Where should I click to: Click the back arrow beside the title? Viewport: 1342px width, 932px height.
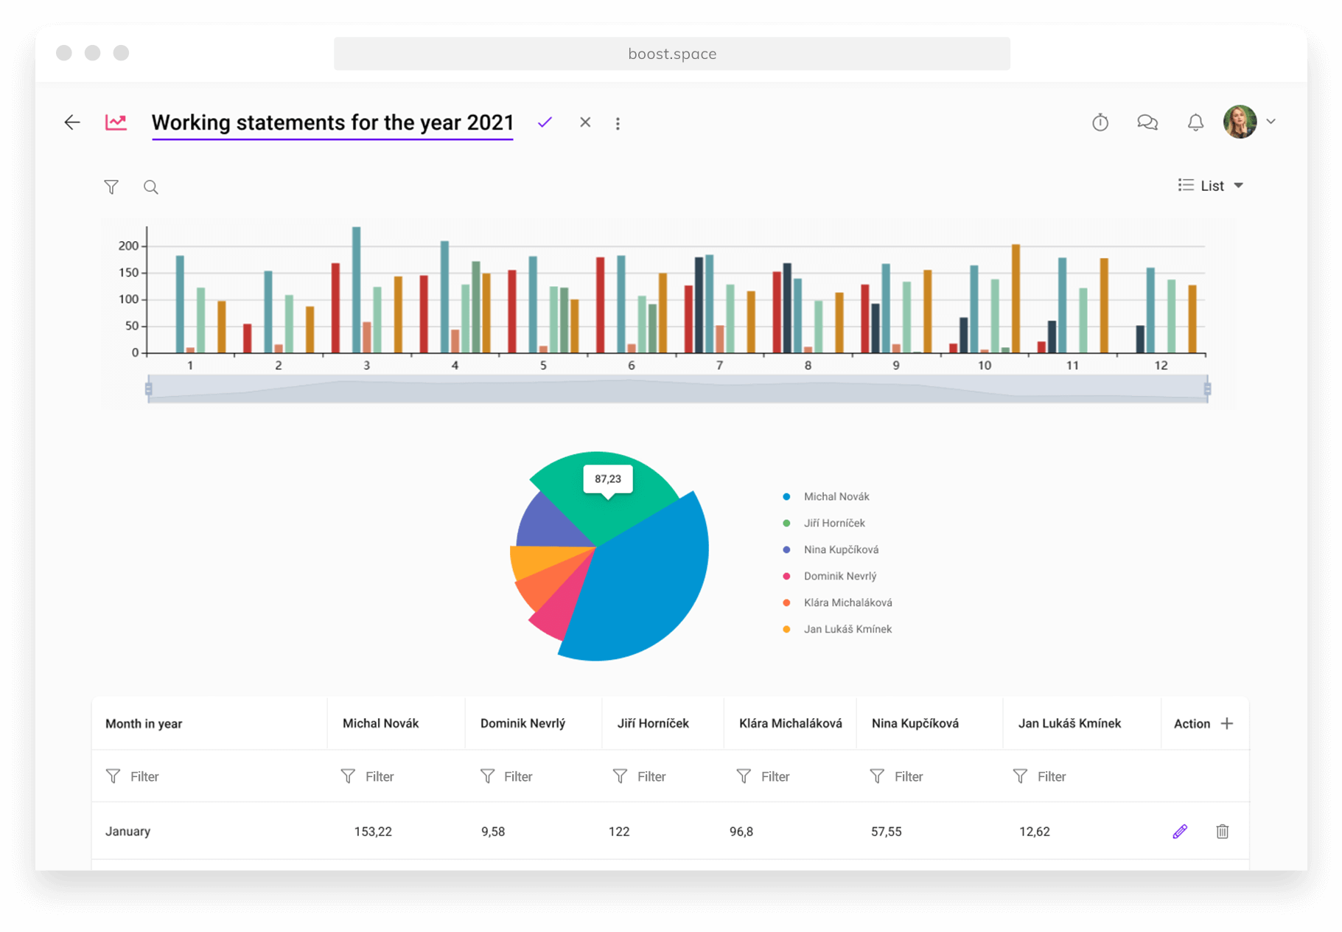(71, 122)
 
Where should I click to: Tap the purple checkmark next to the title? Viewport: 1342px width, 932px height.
(545, 122)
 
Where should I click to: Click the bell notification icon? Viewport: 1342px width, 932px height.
(1195, 122)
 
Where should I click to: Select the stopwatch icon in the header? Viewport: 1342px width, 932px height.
(1100, 122)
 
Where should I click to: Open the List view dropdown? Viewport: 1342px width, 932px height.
(1211, 186)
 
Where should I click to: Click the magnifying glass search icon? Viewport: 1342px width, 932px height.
(150, 187)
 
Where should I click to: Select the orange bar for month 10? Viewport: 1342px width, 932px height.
(1016, 299)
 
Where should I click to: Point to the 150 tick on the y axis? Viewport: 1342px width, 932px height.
(129, 273)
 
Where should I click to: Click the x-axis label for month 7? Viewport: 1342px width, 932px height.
(719, 366)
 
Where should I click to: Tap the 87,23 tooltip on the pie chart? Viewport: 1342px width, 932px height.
(608, 479)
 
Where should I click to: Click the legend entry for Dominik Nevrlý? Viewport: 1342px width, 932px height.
(839, 576)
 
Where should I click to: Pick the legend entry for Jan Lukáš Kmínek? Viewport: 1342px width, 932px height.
(847, 629)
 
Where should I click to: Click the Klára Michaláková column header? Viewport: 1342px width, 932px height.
(790, 723)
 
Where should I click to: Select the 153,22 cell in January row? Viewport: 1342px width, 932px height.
(373, 832)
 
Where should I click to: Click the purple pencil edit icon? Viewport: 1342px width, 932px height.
(1180, 832)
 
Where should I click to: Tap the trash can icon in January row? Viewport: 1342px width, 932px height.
(1222, 832)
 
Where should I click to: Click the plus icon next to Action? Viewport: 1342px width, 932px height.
(1227, 723)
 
